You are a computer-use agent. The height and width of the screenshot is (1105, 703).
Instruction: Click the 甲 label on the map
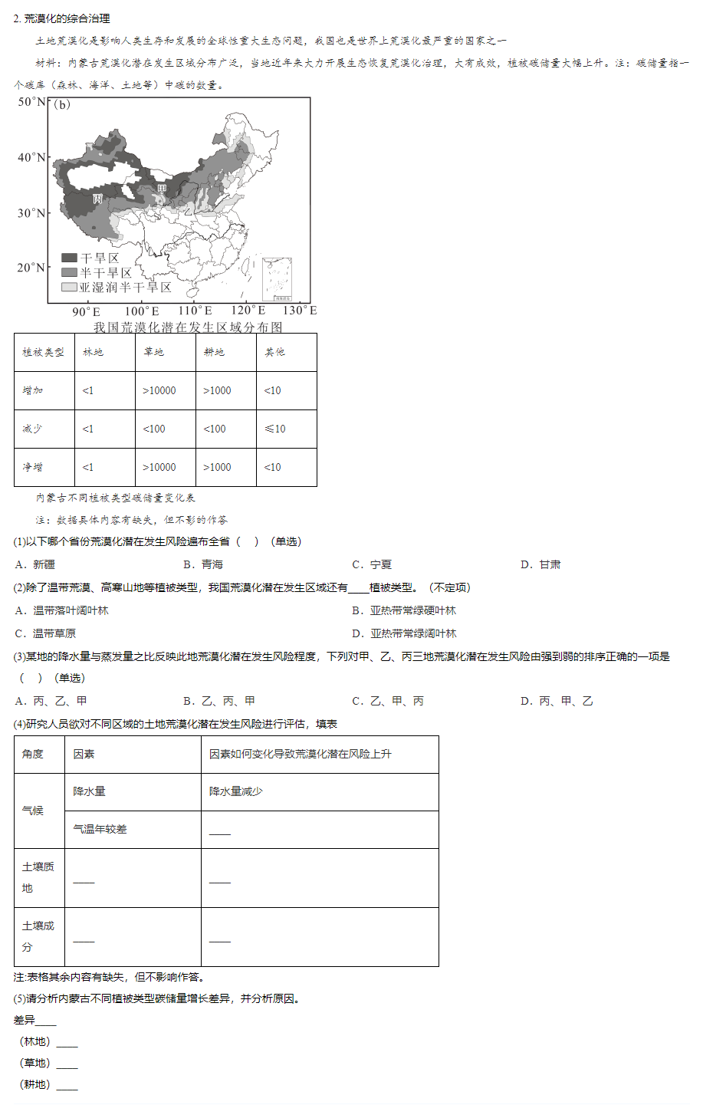(162, 189)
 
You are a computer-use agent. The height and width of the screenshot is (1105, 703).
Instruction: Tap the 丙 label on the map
(97, 199)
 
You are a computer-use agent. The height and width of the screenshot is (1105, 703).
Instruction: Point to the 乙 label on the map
(187, 211)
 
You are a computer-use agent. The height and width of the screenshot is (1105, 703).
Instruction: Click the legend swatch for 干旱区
(70, 258)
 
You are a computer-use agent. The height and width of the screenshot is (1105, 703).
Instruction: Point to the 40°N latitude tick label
(32, 157)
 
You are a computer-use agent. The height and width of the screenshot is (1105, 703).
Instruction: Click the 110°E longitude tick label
(195, 311)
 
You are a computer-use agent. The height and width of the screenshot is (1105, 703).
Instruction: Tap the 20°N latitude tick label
(32, 268)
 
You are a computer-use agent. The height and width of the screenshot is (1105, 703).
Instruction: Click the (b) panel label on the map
(62, 105)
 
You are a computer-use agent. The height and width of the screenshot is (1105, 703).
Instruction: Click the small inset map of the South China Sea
(277, 279)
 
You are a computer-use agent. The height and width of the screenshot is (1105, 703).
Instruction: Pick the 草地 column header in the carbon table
(153, 352)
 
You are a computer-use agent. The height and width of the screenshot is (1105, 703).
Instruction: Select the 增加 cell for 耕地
(217, 390)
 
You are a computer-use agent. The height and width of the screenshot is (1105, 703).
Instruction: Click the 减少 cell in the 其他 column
(274, 429)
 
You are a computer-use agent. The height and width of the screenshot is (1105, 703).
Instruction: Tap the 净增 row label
(33, 467)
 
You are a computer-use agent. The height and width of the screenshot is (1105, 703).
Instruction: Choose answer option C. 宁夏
(372, 564)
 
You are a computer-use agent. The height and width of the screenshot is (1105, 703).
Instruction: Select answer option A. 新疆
(35, 564)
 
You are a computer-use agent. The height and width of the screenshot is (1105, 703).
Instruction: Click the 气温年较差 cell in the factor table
(100, 829)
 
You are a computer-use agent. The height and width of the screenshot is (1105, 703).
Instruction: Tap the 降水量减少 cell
(236, 791)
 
